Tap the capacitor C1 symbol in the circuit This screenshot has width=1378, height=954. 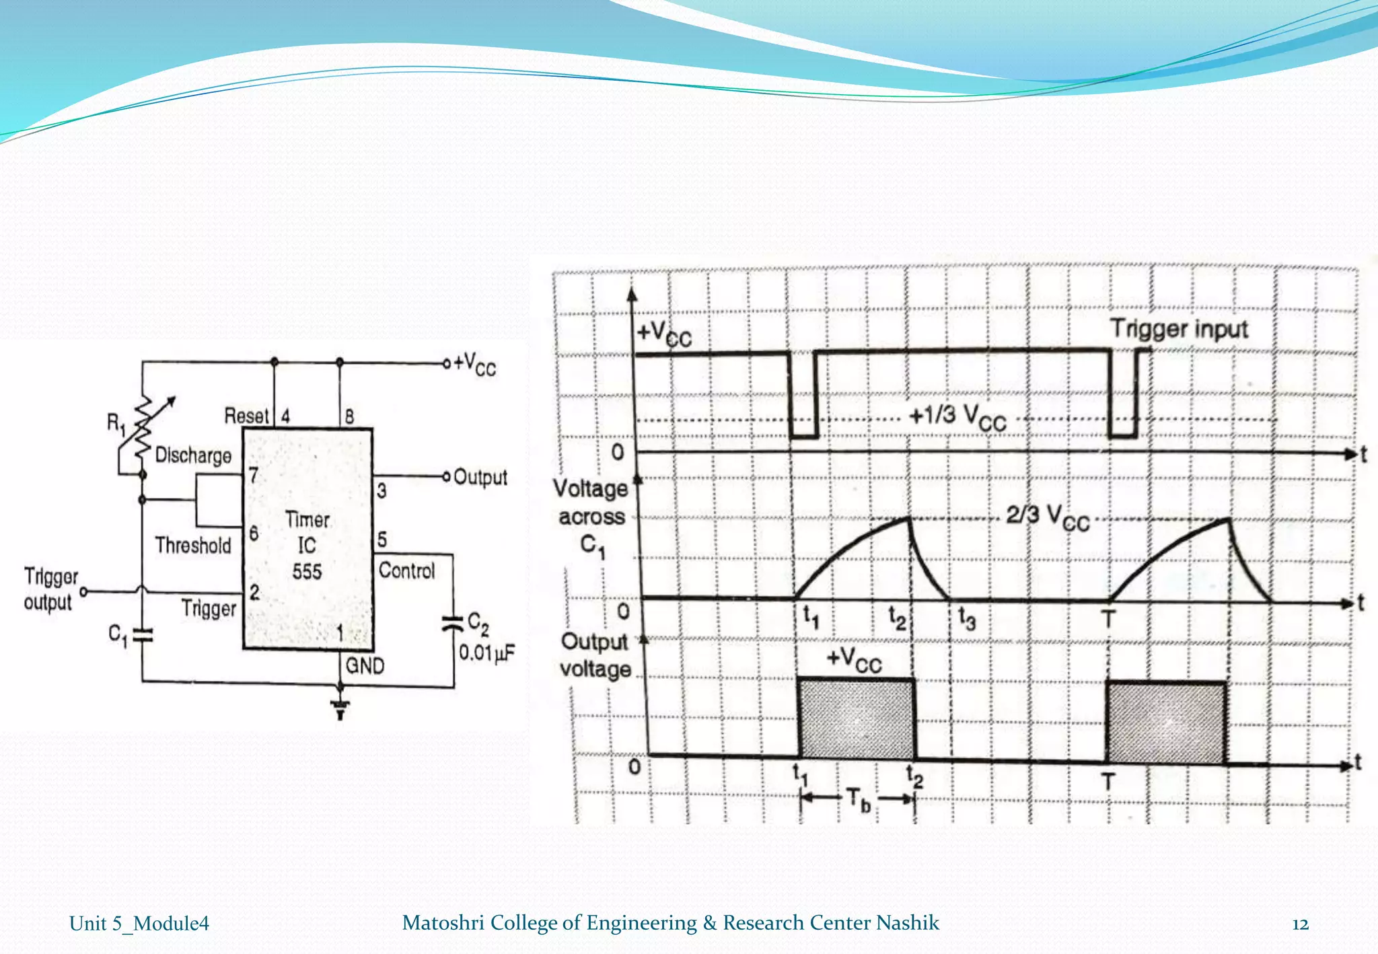(142, 634)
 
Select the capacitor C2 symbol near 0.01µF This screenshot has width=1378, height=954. (454, 623)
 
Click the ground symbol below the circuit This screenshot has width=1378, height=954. (340, 707)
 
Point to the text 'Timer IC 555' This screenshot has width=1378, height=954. (307, 546)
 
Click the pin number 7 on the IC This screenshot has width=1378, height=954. (253, 476)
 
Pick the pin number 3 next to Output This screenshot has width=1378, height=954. (382, 490)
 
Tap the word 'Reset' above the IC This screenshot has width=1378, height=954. (246, 416)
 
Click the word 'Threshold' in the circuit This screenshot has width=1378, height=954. (193, 545)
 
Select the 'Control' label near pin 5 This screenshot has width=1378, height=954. (407, 571)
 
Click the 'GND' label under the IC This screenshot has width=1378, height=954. (365, 666)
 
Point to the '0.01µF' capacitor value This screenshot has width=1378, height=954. (486, 653)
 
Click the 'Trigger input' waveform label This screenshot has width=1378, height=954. (1179, 329)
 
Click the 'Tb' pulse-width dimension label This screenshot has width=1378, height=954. (859, 800)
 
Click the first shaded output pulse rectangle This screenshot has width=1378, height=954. (857, 719)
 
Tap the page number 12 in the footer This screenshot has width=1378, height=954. (1300, 924)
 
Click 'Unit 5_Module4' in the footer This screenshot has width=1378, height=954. (139, 924)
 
